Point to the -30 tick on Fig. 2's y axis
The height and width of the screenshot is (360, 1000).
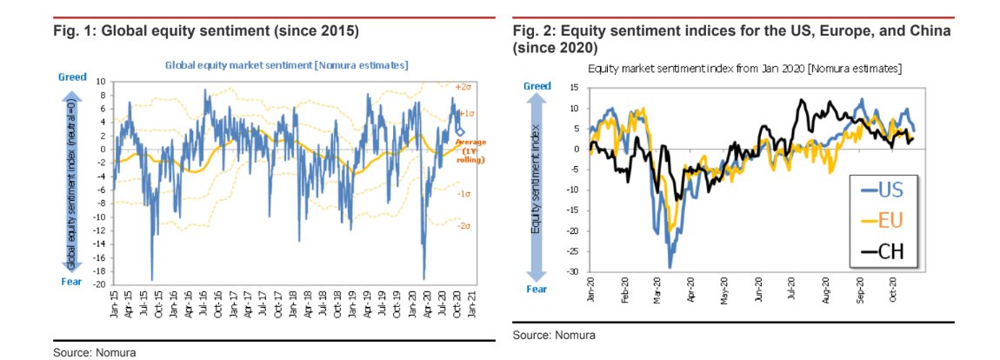tap(573, 272)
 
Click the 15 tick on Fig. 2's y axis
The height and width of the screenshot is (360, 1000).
tap(575, 87)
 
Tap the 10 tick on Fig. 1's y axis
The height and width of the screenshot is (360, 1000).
tap(102, 82)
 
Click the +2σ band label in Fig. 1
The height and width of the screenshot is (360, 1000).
tap(464, 87)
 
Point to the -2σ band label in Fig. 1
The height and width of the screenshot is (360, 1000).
tap(464, 225)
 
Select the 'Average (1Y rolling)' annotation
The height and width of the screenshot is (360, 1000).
tap(471, 150)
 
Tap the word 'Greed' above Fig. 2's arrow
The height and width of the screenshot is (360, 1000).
tap(537, 86)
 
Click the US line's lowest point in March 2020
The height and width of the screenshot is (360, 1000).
tap(670, 267)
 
